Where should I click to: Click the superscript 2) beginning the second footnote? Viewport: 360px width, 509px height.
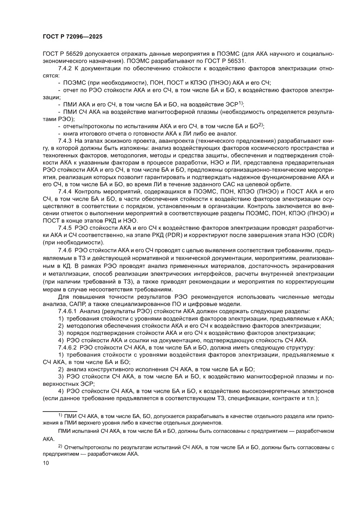point(61,446)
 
